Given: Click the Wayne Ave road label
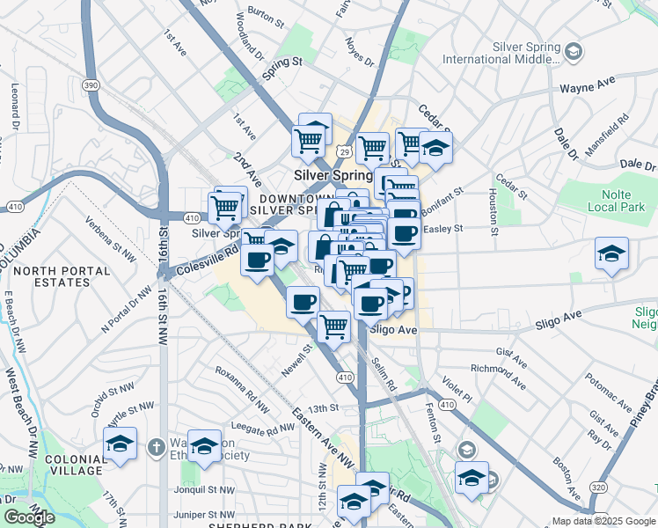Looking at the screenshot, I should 587,87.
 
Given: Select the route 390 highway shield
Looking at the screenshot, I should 90,84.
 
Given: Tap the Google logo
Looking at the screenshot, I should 29,517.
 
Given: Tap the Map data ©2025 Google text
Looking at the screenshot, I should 603,520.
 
